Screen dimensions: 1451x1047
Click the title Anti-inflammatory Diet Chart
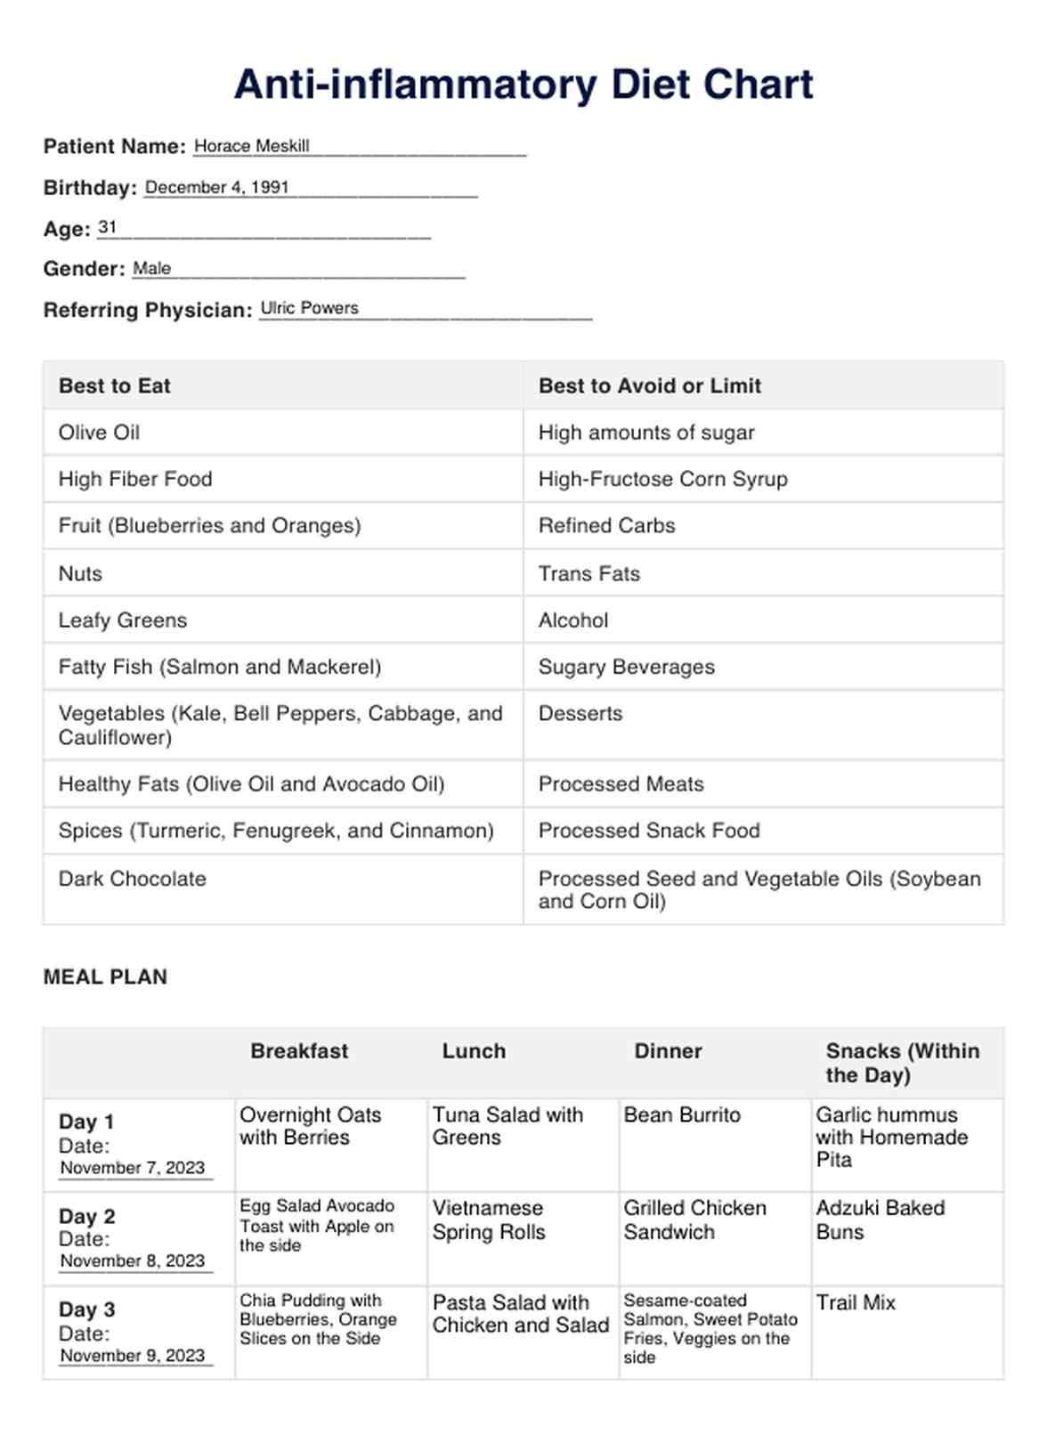(523, 85)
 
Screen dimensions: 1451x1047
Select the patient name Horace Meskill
(251, 146)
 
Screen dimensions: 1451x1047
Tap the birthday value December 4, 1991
(216, 187)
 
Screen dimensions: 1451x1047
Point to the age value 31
(107, 228)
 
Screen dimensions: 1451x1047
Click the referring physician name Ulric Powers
(309, 308)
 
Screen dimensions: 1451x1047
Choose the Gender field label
(85, 269)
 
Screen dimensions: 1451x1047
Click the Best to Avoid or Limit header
(649, 385)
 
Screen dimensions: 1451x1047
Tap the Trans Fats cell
(588, 573)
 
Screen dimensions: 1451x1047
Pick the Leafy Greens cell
(123, 620)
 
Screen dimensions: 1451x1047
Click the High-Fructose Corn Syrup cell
(662, 479)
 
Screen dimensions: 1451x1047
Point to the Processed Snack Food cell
(648, 831)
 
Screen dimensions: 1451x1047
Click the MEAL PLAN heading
(105, 977)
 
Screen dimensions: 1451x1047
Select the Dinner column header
(668, 1051)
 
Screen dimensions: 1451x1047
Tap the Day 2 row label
(87, 1217)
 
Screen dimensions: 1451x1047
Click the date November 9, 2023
(133, 1356)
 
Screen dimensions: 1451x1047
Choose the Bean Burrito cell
(682, 1115)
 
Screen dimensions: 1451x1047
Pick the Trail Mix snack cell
(856, 1302)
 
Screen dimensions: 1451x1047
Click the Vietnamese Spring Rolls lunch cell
(489, 1220)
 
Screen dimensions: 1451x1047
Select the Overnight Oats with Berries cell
(310, 1126)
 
